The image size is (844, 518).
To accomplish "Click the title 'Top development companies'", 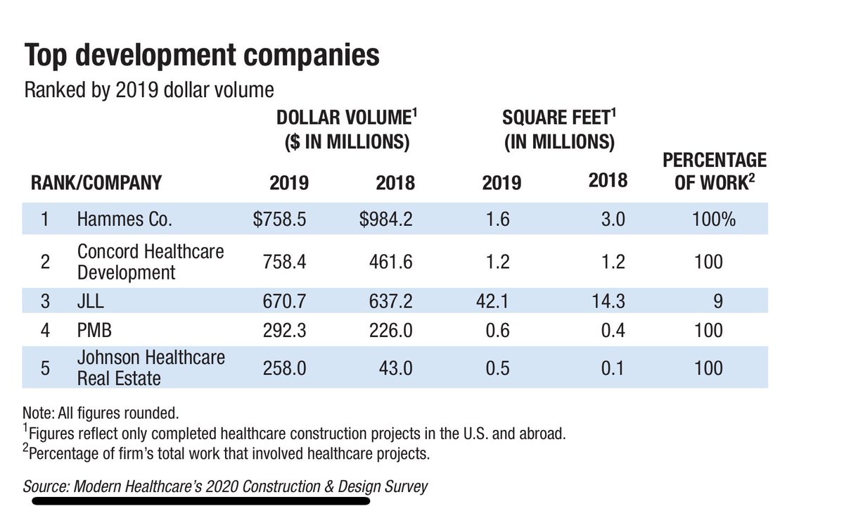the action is [x=202, y=56].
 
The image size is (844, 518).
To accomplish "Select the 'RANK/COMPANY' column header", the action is [x=96, y=183].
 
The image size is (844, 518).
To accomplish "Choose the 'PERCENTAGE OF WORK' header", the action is [x=715, y=171].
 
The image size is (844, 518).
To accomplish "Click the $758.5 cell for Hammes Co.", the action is [x=280, y=219].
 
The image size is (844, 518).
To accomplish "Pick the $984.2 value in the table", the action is [x=386, y=219].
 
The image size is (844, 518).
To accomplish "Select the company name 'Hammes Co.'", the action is [x=124, y=219].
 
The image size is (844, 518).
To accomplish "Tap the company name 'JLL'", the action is [x=91, y=301].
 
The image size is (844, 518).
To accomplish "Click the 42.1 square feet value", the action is [x=492, y=301].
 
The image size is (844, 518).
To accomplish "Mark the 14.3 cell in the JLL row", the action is [x=608, y=301].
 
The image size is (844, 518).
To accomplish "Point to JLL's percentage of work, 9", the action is [x=718, y=301].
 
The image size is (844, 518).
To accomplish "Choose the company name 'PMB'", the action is [x=94, y=331].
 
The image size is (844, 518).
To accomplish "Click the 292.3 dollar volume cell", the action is [x=284, y=331].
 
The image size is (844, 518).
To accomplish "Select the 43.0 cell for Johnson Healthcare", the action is [x=395, y=368].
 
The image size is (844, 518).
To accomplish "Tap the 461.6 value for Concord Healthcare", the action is [x=391, y=262].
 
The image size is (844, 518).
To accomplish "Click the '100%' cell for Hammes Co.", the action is [x=714, y=219].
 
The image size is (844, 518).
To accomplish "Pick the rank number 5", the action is [x=45, y=368].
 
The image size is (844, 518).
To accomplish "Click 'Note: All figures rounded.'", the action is [x=101, y=413].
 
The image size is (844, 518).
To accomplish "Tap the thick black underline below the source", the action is [x=201, y=501].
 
